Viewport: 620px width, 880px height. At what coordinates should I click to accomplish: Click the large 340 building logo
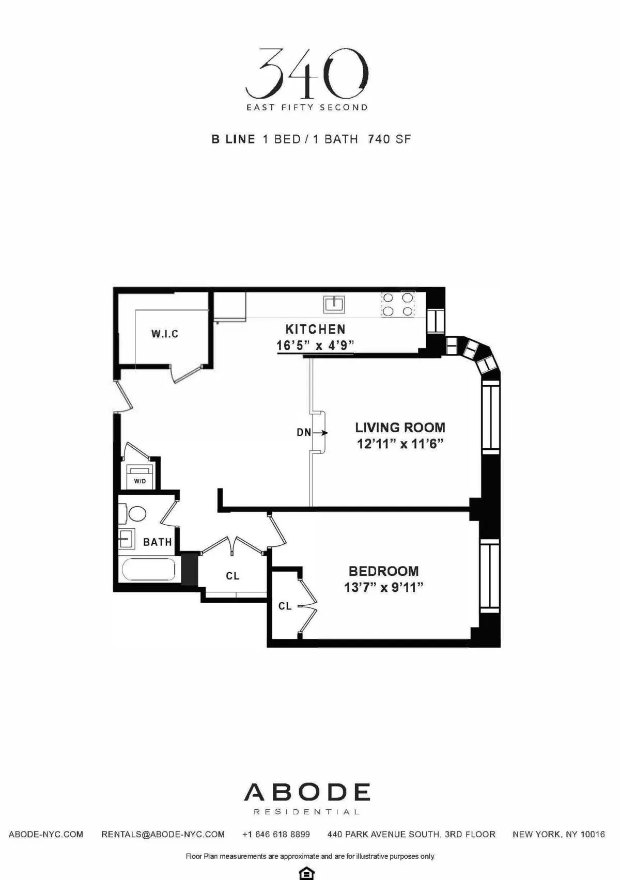point(307,73)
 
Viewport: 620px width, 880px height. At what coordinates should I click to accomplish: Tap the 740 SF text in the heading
point(389,139)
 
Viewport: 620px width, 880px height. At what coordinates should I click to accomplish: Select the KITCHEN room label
point(315,329)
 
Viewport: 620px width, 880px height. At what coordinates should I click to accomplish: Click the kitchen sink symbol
point(334,304)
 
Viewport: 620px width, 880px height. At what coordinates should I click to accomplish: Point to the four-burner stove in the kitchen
point(398,304)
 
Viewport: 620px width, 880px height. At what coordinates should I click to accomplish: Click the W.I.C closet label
point(165,334)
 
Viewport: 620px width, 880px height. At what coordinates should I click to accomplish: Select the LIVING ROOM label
point(400,428)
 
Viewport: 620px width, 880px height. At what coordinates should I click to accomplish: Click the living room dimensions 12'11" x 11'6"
point(400,444)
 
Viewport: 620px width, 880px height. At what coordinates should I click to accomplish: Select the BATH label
point(157,542)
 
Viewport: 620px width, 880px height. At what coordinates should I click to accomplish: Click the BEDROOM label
point(383,571)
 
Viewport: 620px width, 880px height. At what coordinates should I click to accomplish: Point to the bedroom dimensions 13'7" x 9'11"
point(383,587)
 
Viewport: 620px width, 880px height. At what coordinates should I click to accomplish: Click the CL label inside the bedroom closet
point(285,606)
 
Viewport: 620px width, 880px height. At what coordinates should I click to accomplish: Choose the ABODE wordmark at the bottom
point(307,792)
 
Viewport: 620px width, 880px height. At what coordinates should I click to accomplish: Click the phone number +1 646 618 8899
point(276,834)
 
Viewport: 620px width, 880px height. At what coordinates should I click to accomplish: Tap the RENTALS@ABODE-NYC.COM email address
point(163,834)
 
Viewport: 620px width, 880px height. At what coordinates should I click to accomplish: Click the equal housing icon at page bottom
point(307,873)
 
